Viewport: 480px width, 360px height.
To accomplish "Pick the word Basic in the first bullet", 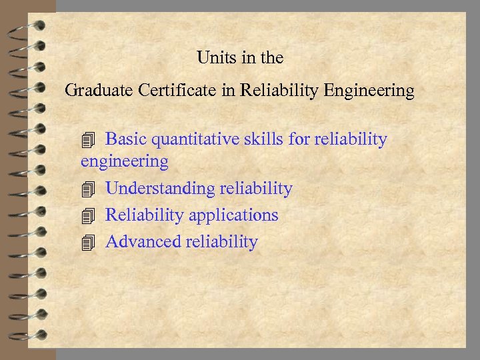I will [126, 139].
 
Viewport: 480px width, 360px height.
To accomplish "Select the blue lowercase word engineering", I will [124, 161].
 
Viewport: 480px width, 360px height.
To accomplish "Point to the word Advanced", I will [143, 241].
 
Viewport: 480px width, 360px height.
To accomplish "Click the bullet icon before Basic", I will [88, 140].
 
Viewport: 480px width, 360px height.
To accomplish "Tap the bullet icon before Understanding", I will [88, 189].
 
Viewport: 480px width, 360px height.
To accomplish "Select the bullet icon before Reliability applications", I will [88, 215].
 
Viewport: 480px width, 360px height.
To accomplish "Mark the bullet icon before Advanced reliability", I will [88, 242].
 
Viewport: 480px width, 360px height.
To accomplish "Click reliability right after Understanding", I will [256, 189].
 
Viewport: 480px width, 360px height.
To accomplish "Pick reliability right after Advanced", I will [221, 241].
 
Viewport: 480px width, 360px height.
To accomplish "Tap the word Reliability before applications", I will [145, 215].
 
